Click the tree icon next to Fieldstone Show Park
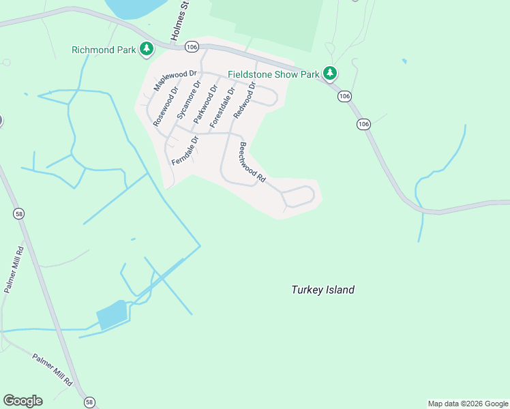[x=331, y=72]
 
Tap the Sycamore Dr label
[x=189, y=100]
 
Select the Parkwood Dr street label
[x=206, y=104]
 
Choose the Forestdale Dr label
[x=223, y=107]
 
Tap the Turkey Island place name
[x=322, y=290]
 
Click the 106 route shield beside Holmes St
[x=192, y=46]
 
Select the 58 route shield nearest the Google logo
[x=89, y=402]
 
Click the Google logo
[x=22, y=401]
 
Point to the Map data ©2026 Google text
[x=468, y=404]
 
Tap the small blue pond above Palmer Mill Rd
[x=112, y=316]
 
